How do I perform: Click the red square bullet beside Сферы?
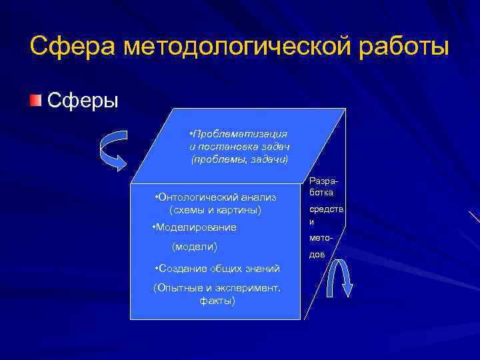pyautogui.click(x=35, y=100)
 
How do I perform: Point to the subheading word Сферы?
pyautogui.click(x=83, y=101)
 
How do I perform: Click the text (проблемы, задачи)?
pyautogui.click(x=239, y=159)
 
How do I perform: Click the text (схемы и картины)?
pyautogui.click(x=215, y=210)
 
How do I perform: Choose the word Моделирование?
pyautogui.click(x=195, y=227)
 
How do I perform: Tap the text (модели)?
pyautogui.click(x=194, y=247)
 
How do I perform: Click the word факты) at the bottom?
pyautogui.click(x=217, y=301)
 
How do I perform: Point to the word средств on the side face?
pyautogui.click(x=323, y=209)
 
